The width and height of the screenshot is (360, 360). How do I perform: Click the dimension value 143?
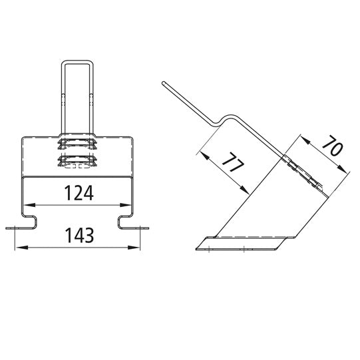tap(79, 235)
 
